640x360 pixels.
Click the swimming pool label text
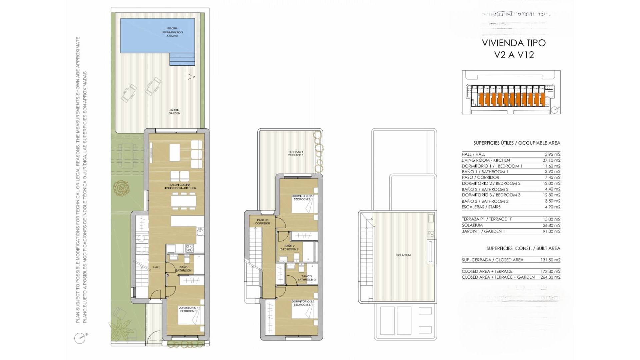173,32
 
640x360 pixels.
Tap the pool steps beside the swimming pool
182,59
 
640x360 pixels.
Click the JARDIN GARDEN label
174,112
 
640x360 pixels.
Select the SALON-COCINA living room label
180,186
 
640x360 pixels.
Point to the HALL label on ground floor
157,267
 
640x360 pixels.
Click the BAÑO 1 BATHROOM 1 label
184,269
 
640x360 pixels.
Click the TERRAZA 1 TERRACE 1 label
295,153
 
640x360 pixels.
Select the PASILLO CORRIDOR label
262,222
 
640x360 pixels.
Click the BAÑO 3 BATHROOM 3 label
306,278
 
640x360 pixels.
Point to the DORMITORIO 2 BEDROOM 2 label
301,198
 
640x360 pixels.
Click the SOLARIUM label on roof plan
403,255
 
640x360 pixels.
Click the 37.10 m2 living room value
551,160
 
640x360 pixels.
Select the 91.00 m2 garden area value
551,231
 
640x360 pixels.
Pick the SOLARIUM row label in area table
472,225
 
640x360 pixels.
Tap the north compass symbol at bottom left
80,338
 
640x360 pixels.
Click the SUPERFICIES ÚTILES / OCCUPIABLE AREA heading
517,143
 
